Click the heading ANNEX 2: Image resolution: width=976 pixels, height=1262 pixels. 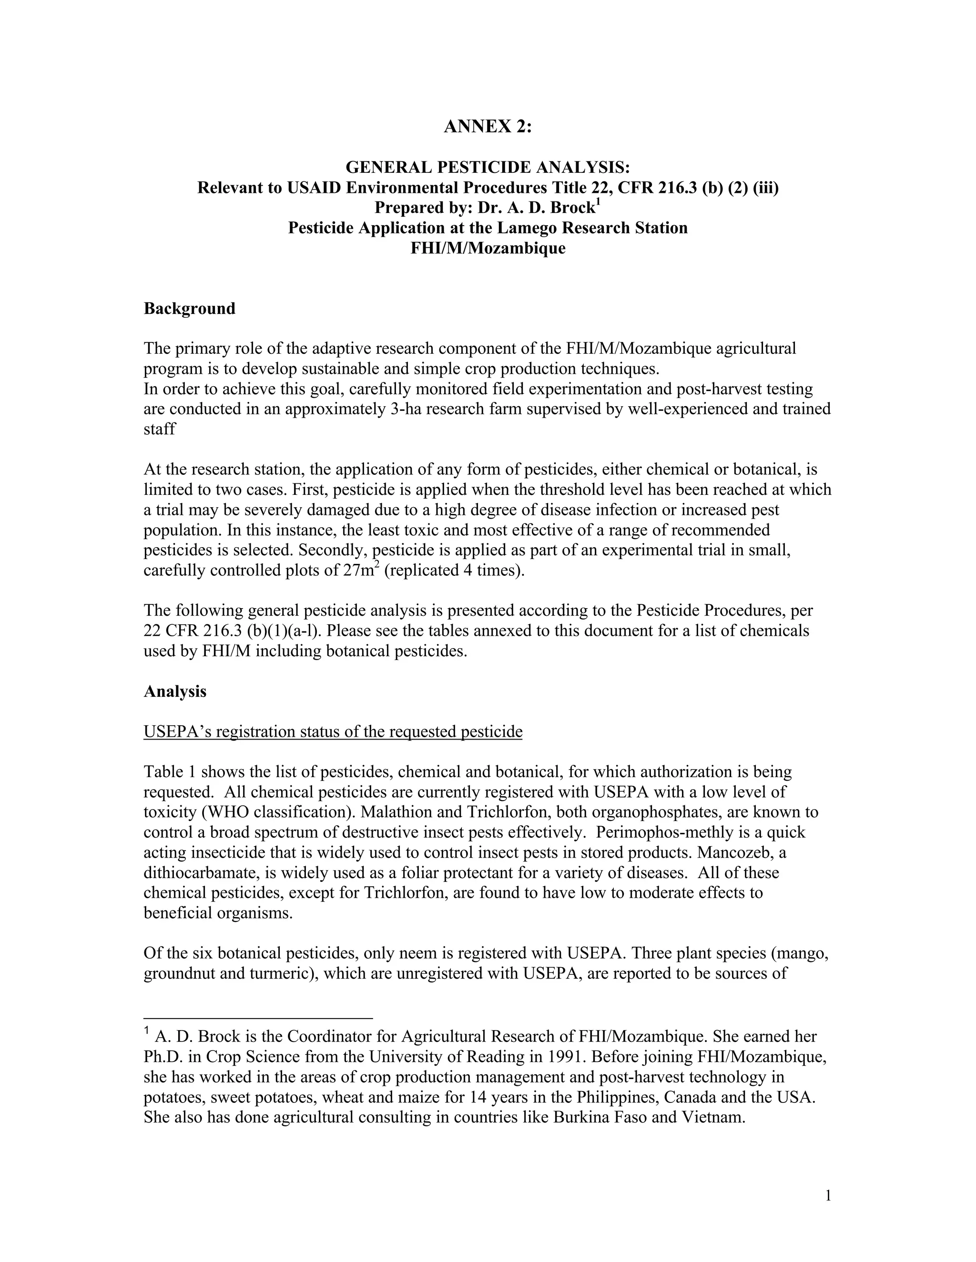pos(488,127)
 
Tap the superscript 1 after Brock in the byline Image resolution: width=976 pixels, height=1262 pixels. pos(599,201)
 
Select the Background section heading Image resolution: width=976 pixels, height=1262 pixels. pos(189,309)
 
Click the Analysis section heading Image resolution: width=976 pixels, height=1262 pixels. pos(174,691)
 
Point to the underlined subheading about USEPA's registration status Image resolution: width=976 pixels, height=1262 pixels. pos(333,732)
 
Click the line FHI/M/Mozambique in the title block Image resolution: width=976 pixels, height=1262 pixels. pos(488,249)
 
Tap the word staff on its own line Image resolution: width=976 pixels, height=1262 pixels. pos(160,430)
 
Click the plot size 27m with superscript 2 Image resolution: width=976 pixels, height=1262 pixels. pos(360,571)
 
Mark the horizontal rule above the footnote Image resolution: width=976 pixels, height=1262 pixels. pos(258,1018)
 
